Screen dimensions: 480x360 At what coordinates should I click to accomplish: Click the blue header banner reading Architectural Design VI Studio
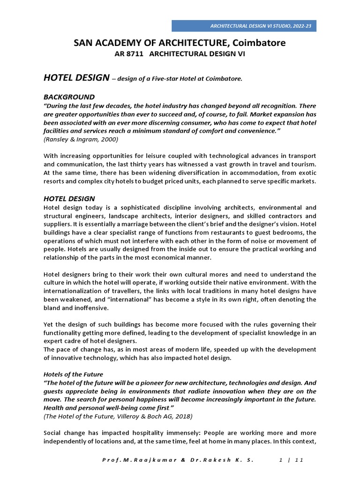pyautogui.click(x=244, y=26)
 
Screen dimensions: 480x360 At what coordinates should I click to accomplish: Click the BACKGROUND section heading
pyautogui.click(x=69, y=97)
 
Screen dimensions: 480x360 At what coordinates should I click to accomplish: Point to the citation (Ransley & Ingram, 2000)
pyautogui.click(x=81, y=139)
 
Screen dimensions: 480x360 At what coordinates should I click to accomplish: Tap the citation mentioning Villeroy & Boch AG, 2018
pyautogui.click(x=117, y=416)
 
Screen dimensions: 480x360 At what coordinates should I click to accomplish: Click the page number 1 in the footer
pyautogui.click(x=280, y=460)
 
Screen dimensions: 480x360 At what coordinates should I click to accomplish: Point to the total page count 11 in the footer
pyautogui.click(x=300, y=460)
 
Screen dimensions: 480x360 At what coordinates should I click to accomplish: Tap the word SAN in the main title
pyautogui.click(x=83, y=43)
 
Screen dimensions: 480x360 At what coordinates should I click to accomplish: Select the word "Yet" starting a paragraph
pyautogui.click(x=50, y=325)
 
